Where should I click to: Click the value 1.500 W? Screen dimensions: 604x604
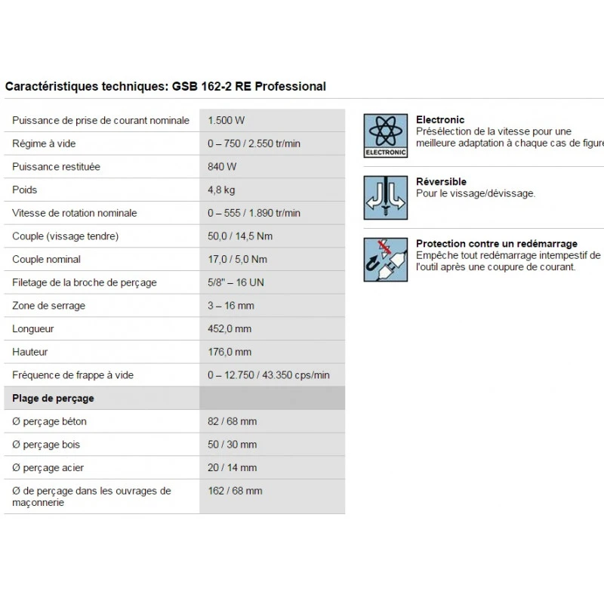[226, 120]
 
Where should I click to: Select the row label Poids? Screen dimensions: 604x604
[25, 190]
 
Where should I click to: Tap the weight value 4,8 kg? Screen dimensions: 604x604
[221, 190]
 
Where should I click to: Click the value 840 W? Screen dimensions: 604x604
[222, 166]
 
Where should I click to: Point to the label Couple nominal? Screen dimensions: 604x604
[46, 259]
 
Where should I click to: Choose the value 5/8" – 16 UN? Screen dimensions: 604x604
[236, 282]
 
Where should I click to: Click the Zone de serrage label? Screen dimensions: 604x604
[48, 306]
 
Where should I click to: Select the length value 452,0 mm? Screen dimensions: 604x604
[230, 328]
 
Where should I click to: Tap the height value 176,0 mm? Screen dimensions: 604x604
[230, 352]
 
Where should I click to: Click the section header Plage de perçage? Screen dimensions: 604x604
[53, 398]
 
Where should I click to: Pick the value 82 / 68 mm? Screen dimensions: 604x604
[232, 421]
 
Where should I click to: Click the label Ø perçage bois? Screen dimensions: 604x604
[46, 445]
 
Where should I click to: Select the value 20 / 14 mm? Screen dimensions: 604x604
[232, 467]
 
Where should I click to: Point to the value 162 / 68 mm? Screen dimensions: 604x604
[235, 491]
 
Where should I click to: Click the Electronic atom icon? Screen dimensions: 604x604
[385, 136]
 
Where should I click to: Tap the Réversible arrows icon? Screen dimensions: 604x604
[385, 198]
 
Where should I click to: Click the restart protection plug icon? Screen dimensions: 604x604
[385, 260]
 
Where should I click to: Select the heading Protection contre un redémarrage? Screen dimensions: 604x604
[496, 244]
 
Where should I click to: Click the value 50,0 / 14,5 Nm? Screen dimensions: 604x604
[240, 236]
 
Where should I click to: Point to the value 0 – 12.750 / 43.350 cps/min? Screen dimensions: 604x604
[268, 375]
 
